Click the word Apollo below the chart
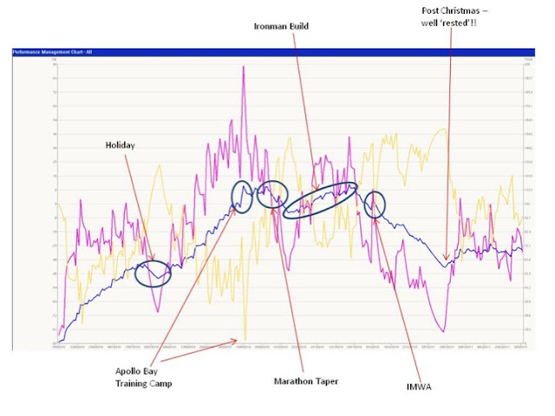133,369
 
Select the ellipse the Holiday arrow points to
153,273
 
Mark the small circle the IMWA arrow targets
375,205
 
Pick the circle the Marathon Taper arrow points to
272,192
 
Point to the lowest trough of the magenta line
443,331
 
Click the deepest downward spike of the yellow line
245,341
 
